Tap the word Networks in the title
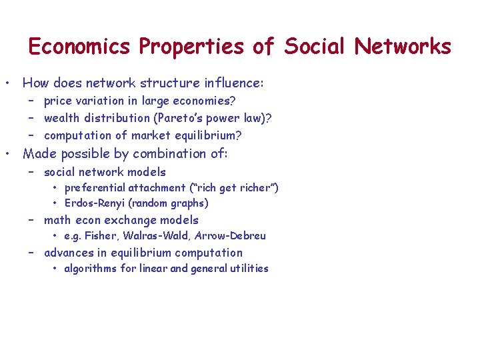[403, 47]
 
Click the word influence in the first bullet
[231, 83]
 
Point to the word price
[58, 101]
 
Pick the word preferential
[95, 188]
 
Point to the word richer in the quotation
[257, 188]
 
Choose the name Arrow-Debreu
[230, 236]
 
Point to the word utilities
[248, 269]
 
